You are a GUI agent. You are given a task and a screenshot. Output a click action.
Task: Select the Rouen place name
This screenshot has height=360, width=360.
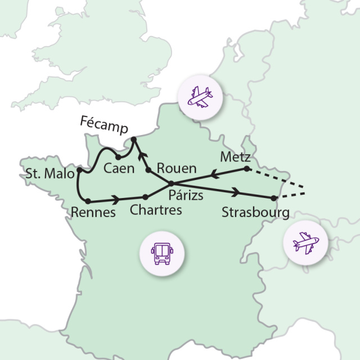click(x=177, y=168)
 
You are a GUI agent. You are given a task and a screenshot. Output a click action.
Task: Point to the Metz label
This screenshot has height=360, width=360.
click(x=236, y=156)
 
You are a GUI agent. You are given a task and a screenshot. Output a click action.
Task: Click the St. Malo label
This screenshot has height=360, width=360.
click(x=49, y=174)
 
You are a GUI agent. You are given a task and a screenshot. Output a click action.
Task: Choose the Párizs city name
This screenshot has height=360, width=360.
click(x=186, y=196)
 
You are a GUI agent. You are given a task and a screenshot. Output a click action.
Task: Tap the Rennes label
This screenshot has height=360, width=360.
click(x=93, y=213)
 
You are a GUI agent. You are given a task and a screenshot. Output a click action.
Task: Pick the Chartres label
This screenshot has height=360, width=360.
click(x=156, y=210)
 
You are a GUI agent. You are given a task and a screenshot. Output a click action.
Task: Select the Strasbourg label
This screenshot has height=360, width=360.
click(x=255, y=213)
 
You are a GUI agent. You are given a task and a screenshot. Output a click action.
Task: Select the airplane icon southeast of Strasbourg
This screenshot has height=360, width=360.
click(x=305, y=242)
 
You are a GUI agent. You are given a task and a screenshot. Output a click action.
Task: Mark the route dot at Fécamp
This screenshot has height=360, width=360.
click(x=134, y=139)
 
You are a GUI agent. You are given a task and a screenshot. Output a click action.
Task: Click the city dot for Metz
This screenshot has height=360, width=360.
click(x=246, y=168)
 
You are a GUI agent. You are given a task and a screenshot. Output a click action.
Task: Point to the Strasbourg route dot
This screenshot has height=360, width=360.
click(x=274, y=198)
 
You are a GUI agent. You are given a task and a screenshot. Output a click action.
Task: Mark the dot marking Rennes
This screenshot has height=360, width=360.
click(x=88, y=201)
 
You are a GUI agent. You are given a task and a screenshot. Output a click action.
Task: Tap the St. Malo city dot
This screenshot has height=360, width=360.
click(x=79, y=169)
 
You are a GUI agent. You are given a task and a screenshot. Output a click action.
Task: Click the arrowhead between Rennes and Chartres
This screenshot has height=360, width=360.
click(x=116, y=199)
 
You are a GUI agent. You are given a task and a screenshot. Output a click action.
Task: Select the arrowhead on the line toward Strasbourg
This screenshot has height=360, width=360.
click(x=237, y=192)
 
